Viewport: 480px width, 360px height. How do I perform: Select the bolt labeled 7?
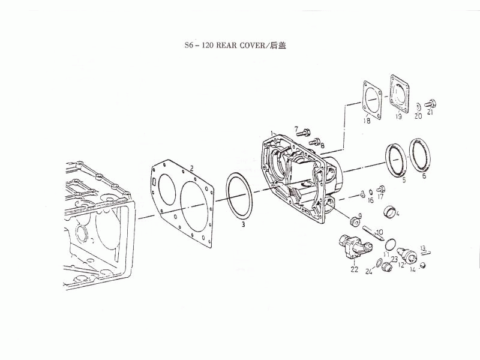tap(304, 133)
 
